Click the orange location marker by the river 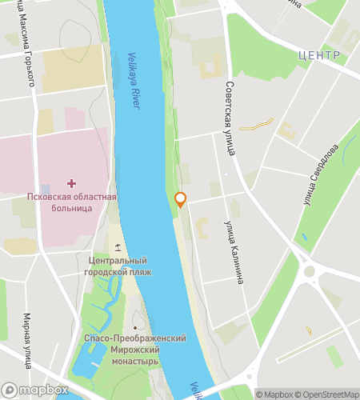click(181, 199)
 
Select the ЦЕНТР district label click(318, 54)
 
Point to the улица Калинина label click(233, 252)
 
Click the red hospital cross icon click(72, 183)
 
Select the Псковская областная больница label click(71, 202)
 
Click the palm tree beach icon click(118, 246)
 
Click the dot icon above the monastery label click(135, 327)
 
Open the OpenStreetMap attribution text click(327, 394)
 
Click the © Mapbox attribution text click(275, 394)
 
